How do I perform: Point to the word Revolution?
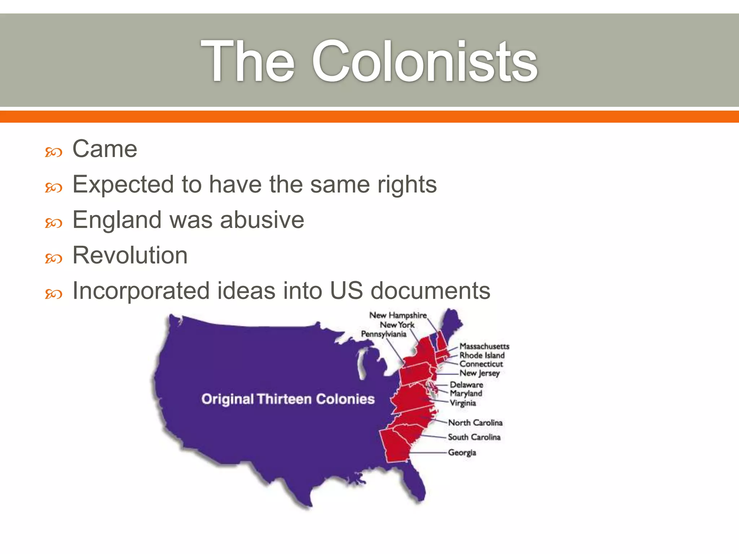130,255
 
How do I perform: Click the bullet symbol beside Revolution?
53,258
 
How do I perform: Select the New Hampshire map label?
398,315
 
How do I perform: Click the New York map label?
397,325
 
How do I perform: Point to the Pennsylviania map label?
384,334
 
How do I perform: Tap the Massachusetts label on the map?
484,346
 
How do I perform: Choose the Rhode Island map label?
482,355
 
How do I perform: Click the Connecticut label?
481,364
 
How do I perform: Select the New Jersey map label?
479,373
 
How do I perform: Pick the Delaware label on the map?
466,385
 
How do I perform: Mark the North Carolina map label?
475,422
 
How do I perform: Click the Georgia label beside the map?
462,452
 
